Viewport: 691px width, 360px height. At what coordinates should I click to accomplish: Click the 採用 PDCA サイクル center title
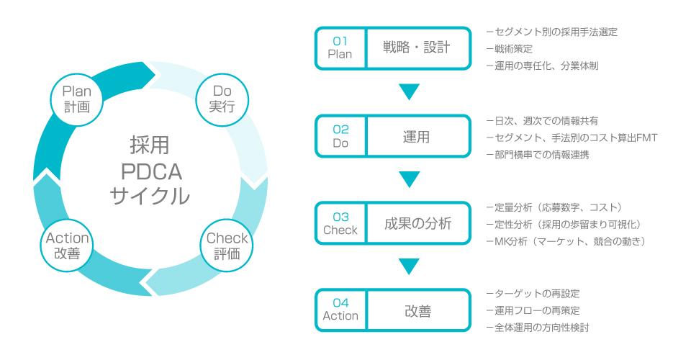click(x=150, y=171)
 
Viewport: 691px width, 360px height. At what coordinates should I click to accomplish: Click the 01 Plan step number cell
click(x=340, y=48)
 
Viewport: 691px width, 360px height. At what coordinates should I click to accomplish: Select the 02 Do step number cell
click(x=340, y=136)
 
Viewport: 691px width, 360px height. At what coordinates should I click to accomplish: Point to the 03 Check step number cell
click(x=340, y=223)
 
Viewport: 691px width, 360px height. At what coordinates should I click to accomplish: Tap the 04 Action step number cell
click(x=340, y=310)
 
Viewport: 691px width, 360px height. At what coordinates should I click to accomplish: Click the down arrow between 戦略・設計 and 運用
click(x=409, y=92)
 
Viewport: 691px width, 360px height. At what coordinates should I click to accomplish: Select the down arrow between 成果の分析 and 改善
click(x=409, y=267)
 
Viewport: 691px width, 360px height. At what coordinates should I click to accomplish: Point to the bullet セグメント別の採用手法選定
click(x=552, y=32)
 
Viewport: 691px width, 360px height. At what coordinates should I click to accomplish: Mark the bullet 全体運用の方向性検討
click(x=542, y=328)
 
